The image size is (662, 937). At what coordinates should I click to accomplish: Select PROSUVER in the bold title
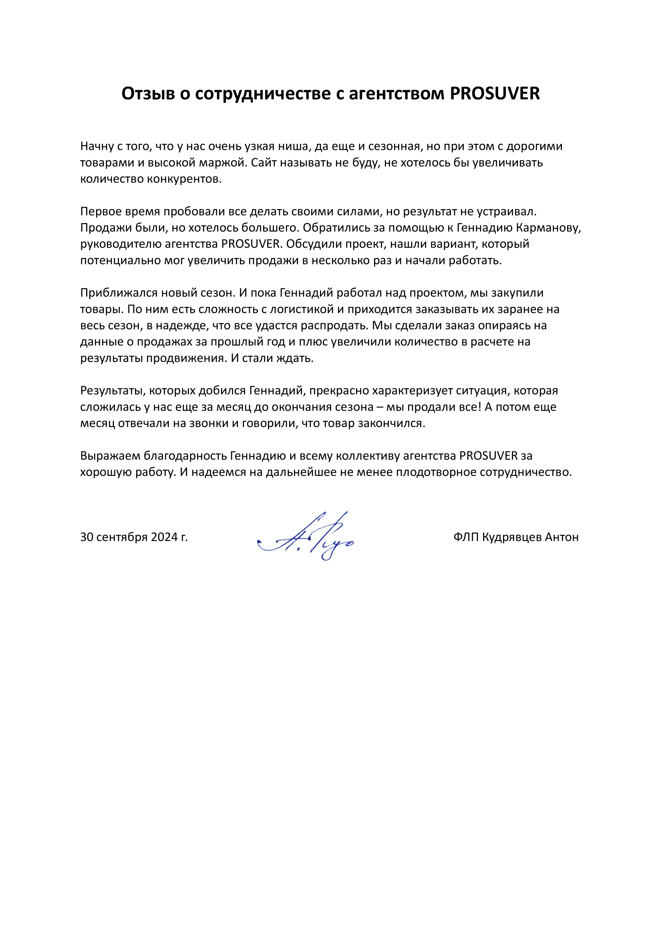pos(495,94)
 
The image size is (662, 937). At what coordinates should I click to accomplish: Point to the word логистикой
pos(302,309)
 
